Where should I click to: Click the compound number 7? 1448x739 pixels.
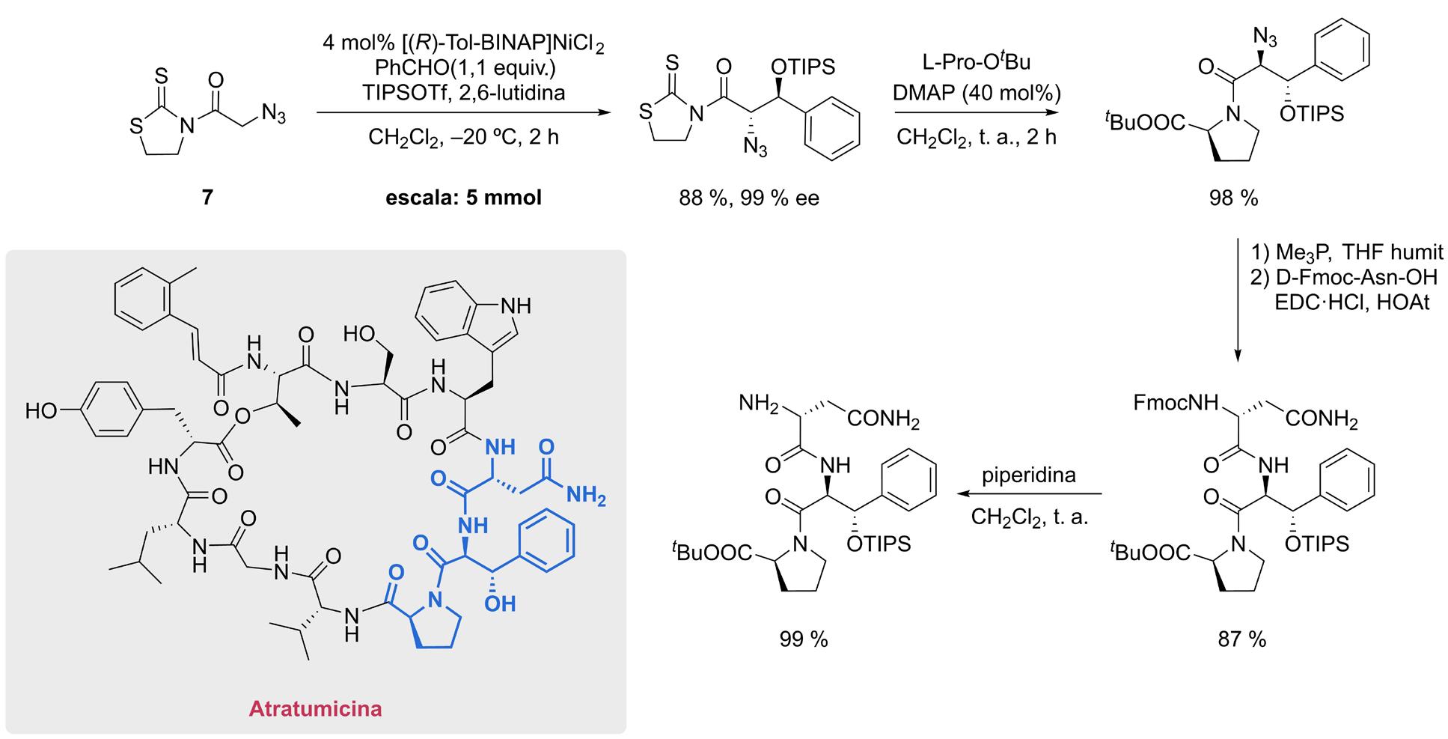207,197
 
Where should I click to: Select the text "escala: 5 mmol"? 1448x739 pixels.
463,198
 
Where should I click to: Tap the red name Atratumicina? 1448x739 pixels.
315,708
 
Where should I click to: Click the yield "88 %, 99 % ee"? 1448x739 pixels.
749,198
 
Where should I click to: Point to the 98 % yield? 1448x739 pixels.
1233,198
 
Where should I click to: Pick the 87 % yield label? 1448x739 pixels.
1241,639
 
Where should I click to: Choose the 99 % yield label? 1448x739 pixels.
803,639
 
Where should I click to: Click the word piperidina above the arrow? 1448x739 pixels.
1029,475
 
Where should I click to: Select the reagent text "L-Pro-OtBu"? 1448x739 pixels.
977,61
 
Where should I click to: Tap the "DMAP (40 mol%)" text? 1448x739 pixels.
977,94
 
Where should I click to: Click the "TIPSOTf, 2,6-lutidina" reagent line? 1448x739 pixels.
463,93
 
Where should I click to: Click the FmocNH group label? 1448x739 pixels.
1175,403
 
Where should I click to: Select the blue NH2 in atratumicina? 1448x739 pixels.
586,495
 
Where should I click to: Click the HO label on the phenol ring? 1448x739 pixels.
41,411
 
